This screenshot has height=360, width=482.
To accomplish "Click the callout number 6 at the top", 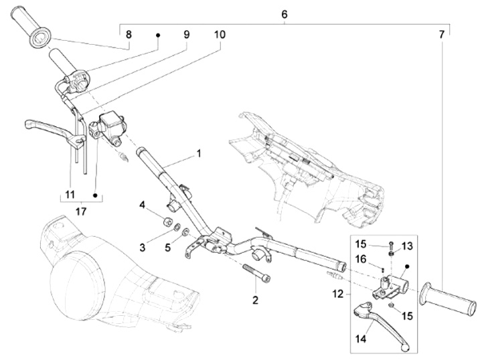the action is pyautogui.click(x=285, y=14).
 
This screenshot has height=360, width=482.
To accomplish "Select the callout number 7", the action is pyautogui.click(x=441, y=34).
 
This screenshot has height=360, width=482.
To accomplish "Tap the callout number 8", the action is pyautogui.click(x=129, y=34).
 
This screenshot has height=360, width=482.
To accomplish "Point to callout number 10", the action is pyautogui.click(x=220, y=34).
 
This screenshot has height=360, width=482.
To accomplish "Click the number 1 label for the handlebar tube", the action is pyautogui.click(x=199, y=153).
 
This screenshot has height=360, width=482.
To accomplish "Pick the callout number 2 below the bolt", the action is pyautogui.click(x=256, y=300).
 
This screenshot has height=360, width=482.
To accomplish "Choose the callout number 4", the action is pyautogui.click(x=142, y=205).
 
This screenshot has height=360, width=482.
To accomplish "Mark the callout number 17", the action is pyautogui.click(x=81, y=211).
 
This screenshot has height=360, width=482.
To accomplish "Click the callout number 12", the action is pyautogui.click(x=337, y=294).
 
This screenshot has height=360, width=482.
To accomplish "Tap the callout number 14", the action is pyautogui.click(x=361, y=339).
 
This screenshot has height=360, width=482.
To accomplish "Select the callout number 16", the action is pyautogui.click(x=361, y=260).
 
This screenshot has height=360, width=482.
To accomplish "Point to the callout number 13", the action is pyautogui.click(x=407, y=246).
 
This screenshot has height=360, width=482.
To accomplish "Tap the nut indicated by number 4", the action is pyautogui.click(x=167, y=221).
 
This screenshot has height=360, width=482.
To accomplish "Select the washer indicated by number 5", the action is pyautogui.click(x=185, y=232).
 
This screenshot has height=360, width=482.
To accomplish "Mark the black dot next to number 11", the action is pyautogui.click(x=95, y=195).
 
